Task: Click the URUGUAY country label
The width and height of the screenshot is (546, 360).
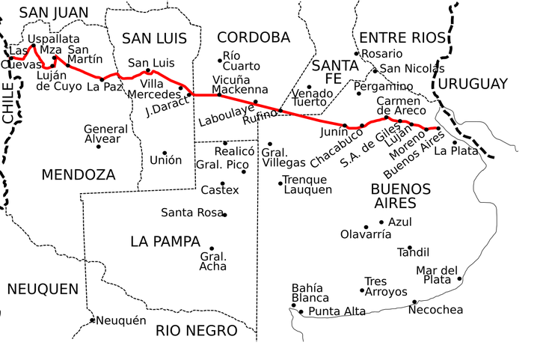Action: pyautogui.click(x=473, y=84)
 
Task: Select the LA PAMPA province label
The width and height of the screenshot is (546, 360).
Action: pyautogui.click(x=165, y=242)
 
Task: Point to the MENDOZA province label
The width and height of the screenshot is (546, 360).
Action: pyautogui.click(x=79, y=175)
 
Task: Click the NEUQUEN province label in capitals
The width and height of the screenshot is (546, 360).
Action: pyautogui.click(x=43, y=289)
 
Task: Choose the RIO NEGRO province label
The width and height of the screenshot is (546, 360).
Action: pyautogui.click(x=197, y=330)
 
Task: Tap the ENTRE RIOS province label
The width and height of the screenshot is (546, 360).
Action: pyautogui.click(x=402, y=38)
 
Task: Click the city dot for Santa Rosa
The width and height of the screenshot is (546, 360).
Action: pyautogui.click(x=224, y=215)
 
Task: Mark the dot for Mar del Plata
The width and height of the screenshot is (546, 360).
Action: pyautogui.click(x=459, y=279)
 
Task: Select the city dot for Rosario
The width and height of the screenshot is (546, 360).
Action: pyautogui.click(x=358, y=54)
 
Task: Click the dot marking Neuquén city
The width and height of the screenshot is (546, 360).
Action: pyautogui.click(x=93, y=320)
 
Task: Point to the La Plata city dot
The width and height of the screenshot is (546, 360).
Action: pyautogui.click(x=455, y=142)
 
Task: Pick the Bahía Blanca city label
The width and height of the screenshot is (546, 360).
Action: pyautogui.click(x=307, y=293)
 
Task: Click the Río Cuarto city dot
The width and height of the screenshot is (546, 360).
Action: pyautogui.click(x=220, y=60)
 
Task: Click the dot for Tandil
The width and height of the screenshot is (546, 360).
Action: pyautogui.click(x=409, y=248)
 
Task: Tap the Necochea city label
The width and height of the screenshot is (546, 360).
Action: pyautogui.click(x=435, y=310)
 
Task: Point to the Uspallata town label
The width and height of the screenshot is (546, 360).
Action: pyautogui.click(x=53, y=38)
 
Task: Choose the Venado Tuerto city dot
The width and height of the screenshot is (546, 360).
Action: pyautogui.click(x=309, y=87)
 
